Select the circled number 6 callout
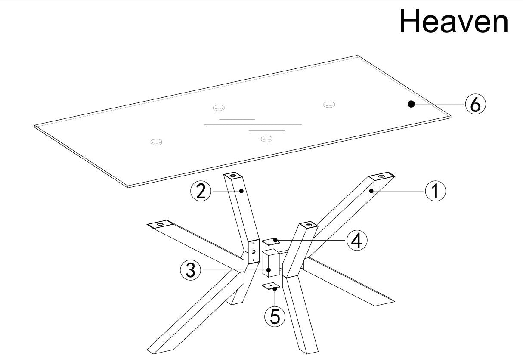(475, 104)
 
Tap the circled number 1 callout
(435, 191)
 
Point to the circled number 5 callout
(275, 316)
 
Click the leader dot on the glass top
(411, 104)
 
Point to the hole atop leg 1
(382, 176)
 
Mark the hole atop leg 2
(232, 175)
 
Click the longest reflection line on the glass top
(253, 125)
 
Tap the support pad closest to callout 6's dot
(329, 104)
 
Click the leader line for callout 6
(439, 104)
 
